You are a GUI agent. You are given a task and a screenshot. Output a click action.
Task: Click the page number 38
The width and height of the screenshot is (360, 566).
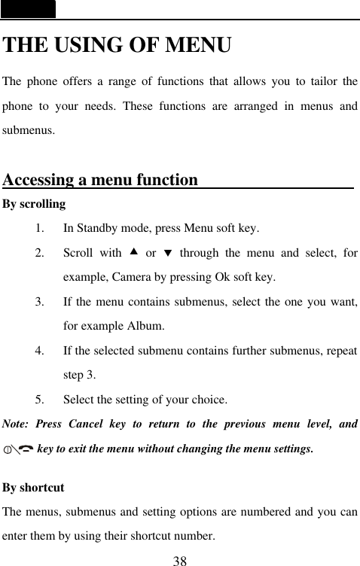coord(180,560)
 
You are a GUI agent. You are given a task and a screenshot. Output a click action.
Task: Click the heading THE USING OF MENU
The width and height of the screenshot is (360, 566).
coord(117,45)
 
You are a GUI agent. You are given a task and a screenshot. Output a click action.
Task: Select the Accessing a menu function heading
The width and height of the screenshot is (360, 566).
coord(101,181)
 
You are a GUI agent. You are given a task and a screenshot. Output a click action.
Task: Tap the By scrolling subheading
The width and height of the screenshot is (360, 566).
coord(34,204)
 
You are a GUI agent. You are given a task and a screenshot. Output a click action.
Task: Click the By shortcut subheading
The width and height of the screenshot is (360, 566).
coord(34,488)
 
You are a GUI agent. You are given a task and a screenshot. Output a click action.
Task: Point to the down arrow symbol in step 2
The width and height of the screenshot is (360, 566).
coord(168,252)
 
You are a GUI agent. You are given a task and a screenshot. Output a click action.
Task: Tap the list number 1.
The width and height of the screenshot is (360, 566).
coord(38,227)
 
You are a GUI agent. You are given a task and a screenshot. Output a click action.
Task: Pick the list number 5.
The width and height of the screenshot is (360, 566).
coord(38,400)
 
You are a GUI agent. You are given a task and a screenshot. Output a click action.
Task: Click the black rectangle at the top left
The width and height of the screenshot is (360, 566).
coord(28,9)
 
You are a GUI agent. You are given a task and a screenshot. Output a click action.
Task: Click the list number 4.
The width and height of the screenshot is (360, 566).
coord(38,351)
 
